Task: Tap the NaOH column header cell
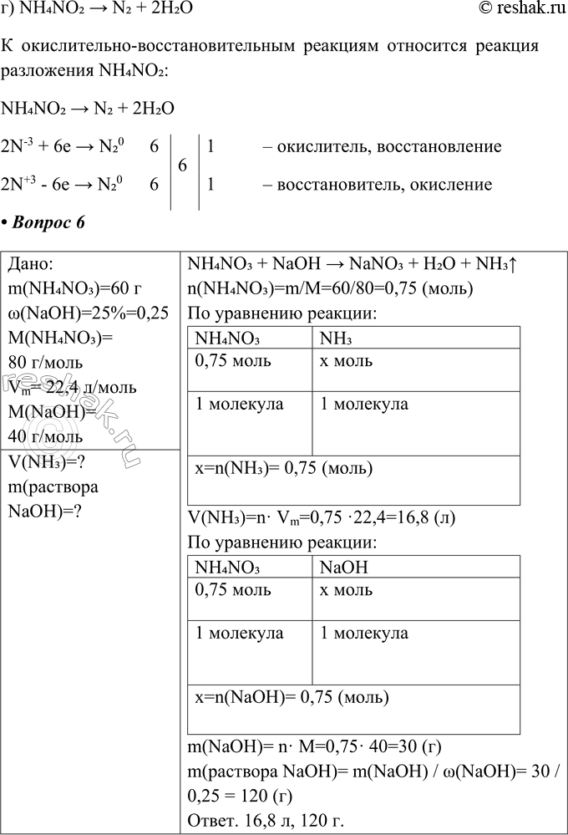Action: pos(342,567)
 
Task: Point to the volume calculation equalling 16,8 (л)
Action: pos(322,516)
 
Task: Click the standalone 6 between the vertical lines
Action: pos(181,166)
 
